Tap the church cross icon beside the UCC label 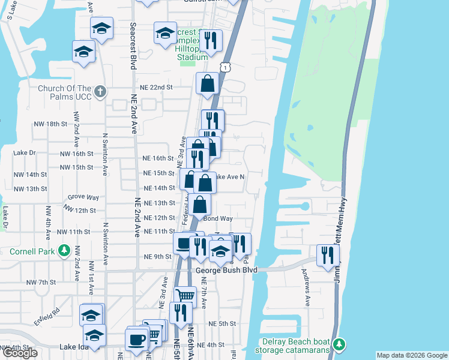pyautogui.click(x=100, y=92)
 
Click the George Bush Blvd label pyautogui.click(x=227, y=271)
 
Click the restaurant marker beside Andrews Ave pyautogui.click(x=328, y=254)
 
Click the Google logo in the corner pyautogui.click(x=20, y=353)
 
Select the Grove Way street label pyautogui.click(x=83, y=197)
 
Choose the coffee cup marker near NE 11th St pyautogui.click(x=182, y=244)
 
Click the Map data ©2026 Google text pyautogui.click(x=412, y=355)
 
